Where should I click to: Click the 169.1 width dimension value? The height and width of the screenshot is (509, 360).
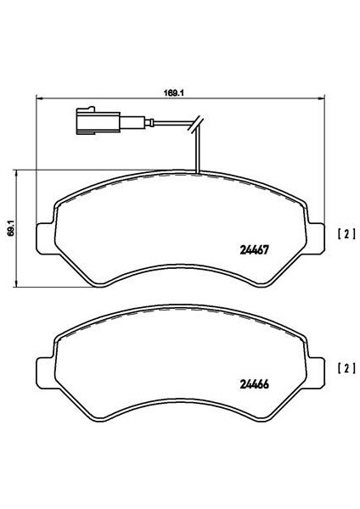tap(174, 92)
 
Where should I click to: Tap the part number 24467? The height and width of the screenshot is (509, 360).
tap(254, 250)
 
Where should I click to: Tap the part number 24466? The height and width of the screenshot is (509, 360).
tap(254, 384)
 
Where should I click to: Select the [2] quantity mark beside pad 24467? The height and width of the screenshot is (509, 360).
tap(347, 234)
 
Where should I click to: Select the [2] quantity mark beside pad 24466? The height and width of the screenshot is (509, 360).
tap(347, 368)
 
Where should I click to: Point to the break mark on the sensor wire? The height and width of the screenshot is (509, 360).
tap(196, 124)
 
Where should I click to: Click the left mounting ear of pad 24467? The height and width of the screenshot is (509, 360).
tap(44, 238)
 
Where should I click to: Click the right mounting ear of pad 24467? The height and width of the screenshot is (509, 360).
tap(316, 238)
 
